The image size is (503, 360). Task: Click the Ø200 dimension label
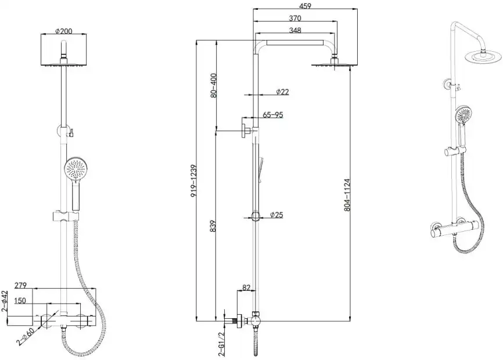coord(64,31)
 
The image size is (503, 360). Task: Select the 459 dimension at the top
coord(305,6)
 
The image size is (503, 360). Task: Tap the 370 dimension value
coord(295,18)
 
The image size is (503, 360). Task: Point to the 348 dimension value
coord(295,30)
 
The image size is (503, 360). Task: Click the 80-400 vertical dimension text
coord(214,85)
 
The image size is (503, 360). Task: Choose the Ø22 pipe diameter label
coord(282,92)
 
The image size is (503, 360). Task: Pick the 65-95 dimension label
coord(273,114)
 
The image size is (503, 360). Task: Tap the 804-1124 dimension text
coord(347,195)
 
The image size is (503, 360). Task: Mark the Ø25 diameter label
coord(276,215)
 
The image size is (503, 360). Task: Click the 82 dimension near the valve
coord(246,287)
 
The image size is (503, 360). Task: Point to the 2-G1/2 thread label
coord(221,344)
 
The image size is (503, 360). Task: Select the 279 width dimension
coord(20,285)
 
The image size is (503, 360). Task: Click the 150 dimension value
coord(20,301)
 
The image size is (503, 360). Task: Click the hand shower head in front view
coord(76,169)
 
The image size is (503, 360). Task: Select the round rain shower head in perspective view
coord(483,56)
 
